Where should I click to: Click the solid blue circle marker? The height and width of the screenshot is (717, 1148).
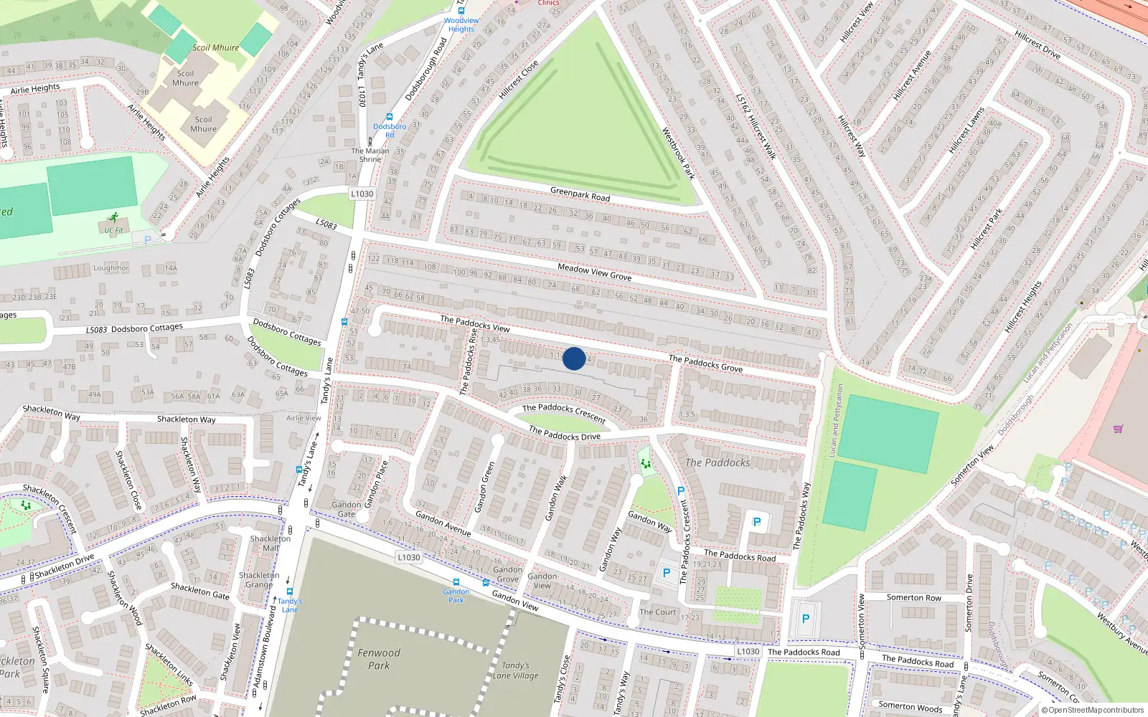(574, 358)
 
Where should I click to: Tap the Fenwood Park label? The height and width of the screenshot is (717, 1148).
(379, 659)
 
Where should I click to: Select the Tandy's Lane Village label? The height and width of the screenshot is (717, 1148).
(515, 670)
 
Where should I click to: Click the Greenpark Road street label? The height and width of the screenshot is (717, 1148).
(580, 194)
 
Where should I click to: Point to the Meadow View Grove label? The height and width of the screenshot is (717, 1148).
(595, 272)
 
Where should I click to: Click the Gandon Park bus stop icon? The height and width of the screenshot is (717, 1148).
(456, 582)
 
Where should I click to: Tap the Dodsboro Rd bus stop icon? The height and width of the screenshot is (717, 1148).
(390, 117)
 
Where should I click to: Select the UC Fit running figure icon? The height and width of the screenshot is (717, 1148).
(113, 217)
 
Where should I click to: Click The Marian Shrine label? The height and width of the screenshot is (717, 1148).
(370, 155)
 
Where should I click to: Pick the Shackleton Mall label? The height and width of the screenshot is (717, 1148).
(270, 543)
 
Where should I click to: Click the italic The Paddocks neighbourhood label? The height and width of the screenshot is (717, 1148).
(717, 462)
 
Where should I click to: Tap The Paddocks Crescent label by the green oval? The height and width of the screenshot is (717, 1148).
(564, 412)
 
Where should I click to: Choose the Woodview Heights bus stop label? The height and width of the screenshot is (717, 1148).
(461, 24)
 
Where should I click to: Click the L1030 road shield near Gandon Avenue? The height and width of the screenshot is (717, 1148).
(408, 557)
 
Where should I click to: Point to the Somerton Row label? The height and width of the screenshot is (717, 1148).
(913, 597)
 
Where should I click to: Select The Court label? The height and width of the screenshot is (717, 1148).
(657, 612)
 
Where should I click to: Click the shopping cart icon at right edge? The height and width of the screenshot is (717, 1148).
(1118, 429)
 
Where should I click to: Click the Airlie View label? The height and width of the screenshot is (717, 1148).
(304, 418)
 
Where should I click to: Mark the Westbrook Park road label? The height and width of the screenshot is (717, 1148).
(678, 153)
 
